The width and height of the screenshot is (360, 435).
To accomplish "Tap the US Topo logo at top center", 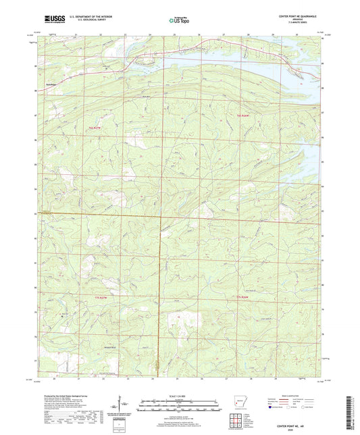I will click(178, 22).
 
